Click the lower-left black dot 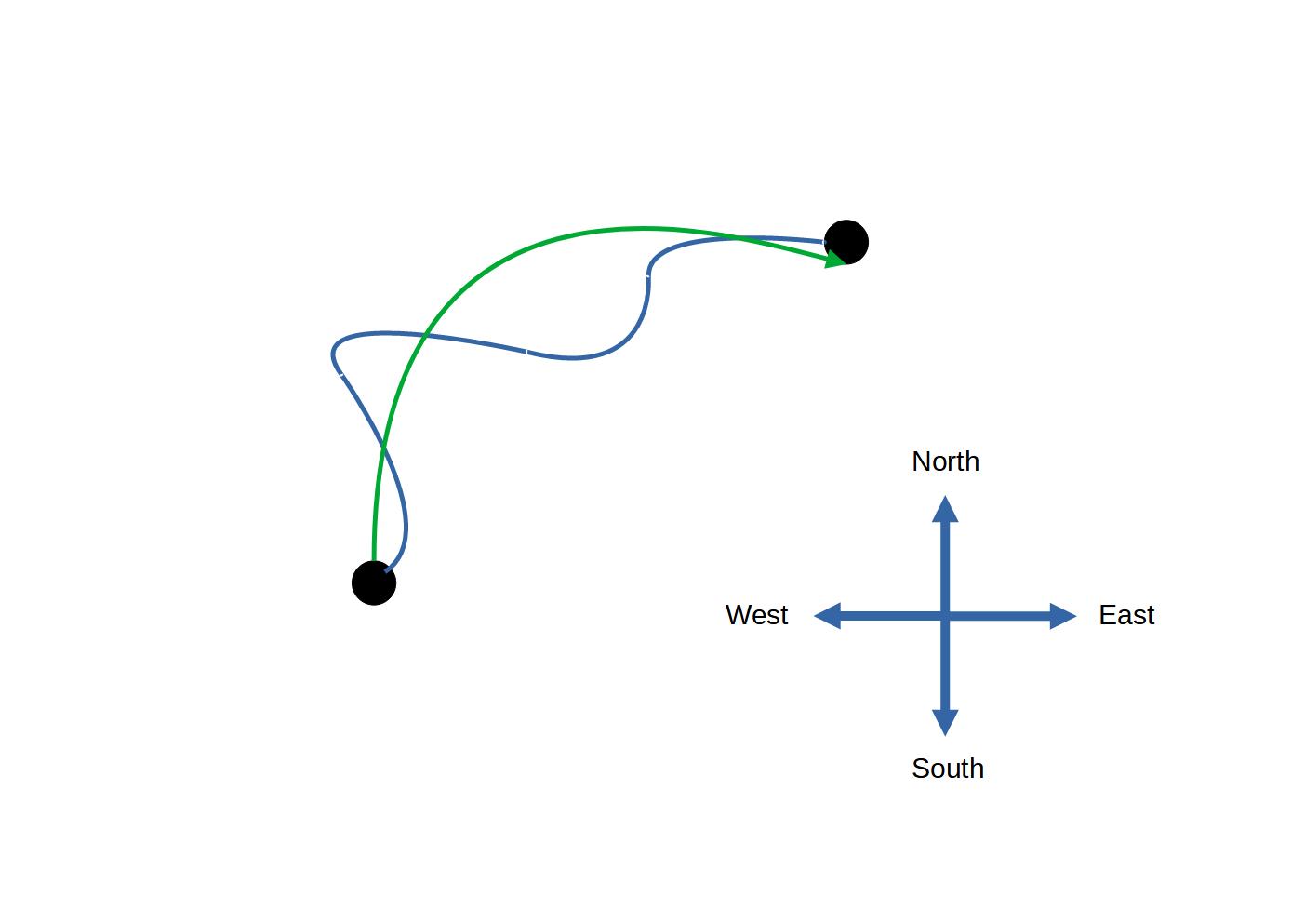point(374,582)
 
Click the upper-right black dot point(846,243)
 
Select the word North point(945,461)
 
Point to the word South point(947,769)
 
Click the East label point(1125,615)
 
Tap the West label point(756,615)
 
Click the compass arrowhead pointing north point(945,509)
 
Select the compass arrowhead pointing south point(945,722)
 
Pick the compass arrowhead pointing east point(1062,616)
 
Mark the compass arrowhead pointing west point(828,616)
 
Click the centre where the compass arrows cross point(945,616)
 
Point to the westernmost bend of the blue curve point(333,354)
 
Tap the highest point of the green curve point(642,227)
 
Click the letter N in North point(921,461)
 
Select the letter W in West point(738,615)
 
